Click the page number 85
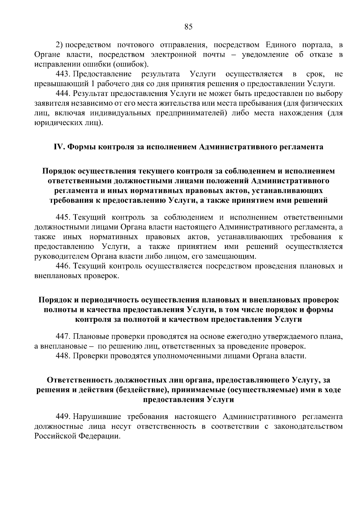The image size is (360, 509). coord(188,27)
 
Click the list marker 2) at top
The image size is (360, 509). coord(59,45)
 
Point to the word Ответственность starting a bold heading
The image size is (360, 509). coord(80,380)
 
